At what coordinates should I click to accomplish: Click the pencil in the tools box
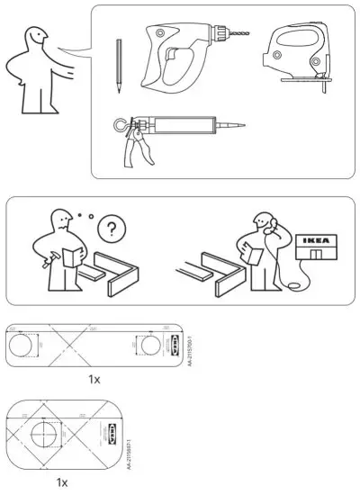118,68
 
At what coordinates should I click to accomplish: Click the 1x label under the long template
94,379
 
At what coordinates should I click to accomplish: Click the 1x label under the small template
61,482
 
